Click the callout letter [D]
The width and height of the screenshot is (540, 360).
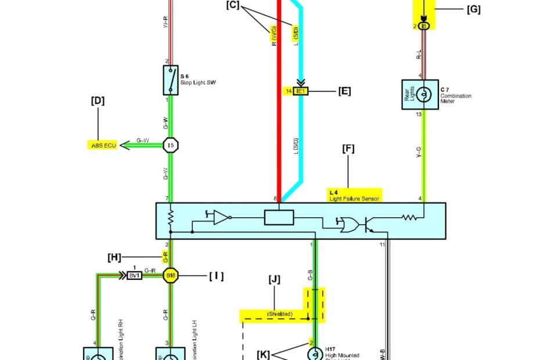[x=98, y=100]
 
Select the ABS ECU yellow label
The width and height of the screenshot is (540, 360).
[x=102, y=145]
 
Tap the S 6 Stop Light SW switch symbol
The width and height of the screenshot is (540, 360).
[x=170, y=81]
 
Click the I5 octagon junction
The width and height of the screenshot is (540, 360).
[x=170, y=145]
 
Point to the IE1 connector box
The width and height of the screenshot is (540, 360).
[x=301, y=91]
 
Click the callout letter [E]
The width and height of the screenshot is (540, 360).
[x=344, y=91]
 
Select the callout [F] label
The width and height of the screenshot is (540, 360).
[x=348, y=149]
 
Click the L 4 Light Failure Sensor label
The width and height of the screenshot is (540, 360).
[x=354, y=195]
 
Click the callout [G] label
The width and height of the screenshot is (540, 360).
[x=473, y=9]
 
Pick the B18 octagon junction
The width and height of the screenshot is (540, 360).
[x=171, y=275]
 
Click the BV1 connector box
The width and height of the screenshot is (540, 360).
[x=135, y=275]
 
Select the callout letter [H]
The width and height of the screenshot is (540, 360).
[x=114, y=257]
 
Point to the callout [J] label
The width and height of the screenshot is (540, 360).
[x=275, y=279]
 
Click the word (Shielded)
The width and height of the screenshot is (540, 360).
[x=279, y=315]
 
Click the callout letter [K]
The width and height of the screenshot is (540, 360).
[x=264, y=354]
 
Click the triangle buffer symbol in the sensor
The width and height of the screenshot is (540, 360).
[x=221, y=217]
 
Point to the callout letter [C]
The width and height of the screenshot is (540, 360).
[x=232, y=5]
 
